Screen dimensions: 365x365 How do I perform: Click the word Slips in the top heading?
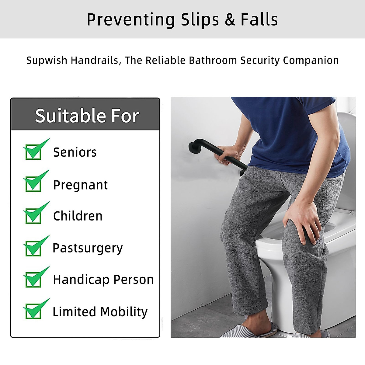click(200, 20)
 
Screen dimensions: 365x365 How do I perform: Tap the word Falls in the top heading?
click(259, 20)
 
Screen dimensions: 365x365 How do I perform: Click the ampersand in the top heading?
click(230, 20)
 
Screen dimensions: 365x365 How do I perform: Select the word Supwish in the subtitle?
click(47, 61)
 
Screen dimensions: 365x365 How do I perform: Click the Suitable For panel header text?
click(87, 116)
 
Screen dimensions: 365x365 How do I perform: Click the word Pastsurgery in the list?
click(88, 248)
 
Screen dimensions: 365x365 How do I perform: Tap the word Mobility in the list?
click(124, 312)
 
